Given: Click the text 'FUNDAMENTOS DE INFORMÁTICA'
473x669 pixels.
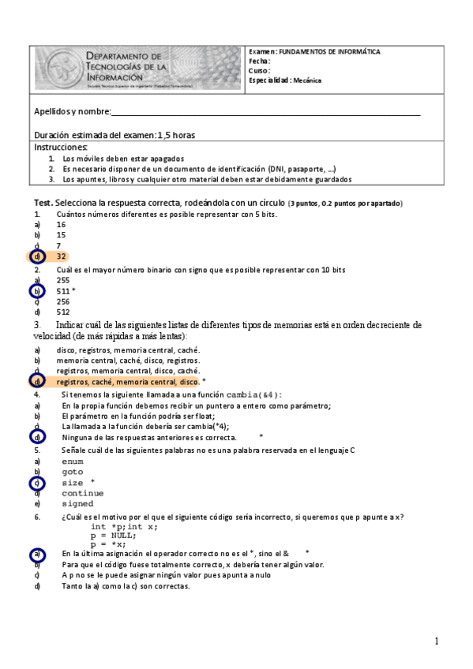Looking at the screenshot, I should [329, 51].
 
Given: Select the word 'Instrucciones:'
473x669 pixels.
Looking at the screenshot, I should [61, 148].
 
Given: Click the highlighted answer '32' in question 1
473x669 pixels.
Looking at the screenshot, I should [61, 256].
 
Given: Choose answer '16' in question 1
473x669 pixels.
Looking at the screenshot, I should [61, 224].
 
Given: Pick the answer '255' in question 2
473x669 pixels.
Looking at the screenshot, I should [63, 280].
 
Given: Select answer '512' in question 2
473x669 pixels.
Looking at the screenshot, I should [63, 312].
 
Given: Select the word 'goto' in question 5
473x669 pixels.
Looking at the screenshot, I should [72, 472].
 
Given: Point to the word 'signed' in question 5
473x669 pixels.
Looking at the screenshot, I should [77, 503].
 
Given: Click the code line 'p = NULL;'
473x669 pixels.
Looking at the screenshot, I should [113, 535].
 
